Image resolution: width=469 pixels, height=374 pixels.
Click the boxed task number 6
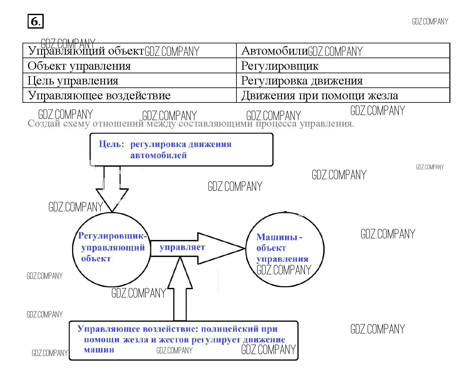click(x=35, y=22)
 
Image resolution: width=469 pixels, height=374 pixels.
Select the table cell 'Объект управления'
click(x=79, y=66)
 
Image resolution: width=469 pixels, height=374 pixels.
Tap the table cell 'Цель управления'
click(x=73, y=81)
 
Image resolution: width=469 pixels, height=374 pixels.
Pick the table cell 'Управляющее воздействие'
click(x=99, y=95)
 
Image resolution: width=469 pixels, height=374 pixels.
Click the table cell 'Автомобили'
click(x=274, y=51)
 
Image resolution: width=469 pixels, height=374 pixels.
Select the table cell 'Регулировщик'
click(x=280, y=66)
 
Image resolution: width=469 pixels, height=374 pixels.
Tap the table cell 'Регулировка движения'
click(x=302, y=81)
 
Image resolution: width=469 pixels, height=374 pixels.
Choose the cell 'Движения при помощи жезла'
click(x=320, y=95)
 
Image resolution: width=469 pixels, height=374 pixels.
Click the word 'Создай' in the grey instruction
click(x=44, y=123)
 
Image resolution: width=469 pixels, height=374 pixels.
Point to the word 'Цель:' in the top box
click(x=111, y=144)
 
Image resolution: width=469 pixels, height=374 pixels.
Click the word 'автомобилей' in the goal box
click(x=158, y=156)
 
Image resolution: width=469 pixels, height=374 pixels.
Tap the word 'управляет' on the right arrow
click(x=182, y=247)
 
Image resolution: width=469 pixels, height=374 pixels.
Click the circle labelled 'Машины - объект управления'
click(x=285, y=249)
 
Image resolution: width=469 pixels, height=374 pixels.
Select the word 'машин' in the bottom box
click(x=99, y=350)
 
